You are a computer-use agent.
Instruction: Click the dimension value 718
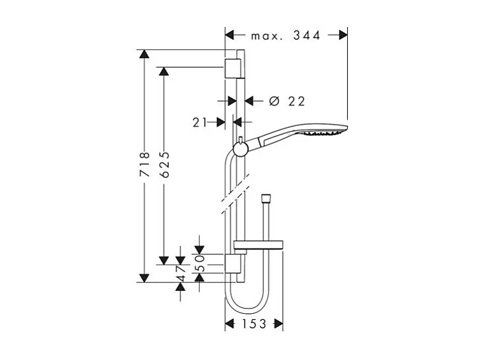coord(146,165)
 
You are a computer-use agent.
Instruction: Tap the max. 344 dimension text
coord(286,36)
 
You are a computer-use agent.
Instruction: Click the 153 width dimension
coord(253,324)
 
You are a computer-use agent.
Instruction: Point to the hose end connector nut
coord(266,198)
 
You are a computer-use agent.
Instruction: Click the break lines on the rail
coord(232,198)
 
